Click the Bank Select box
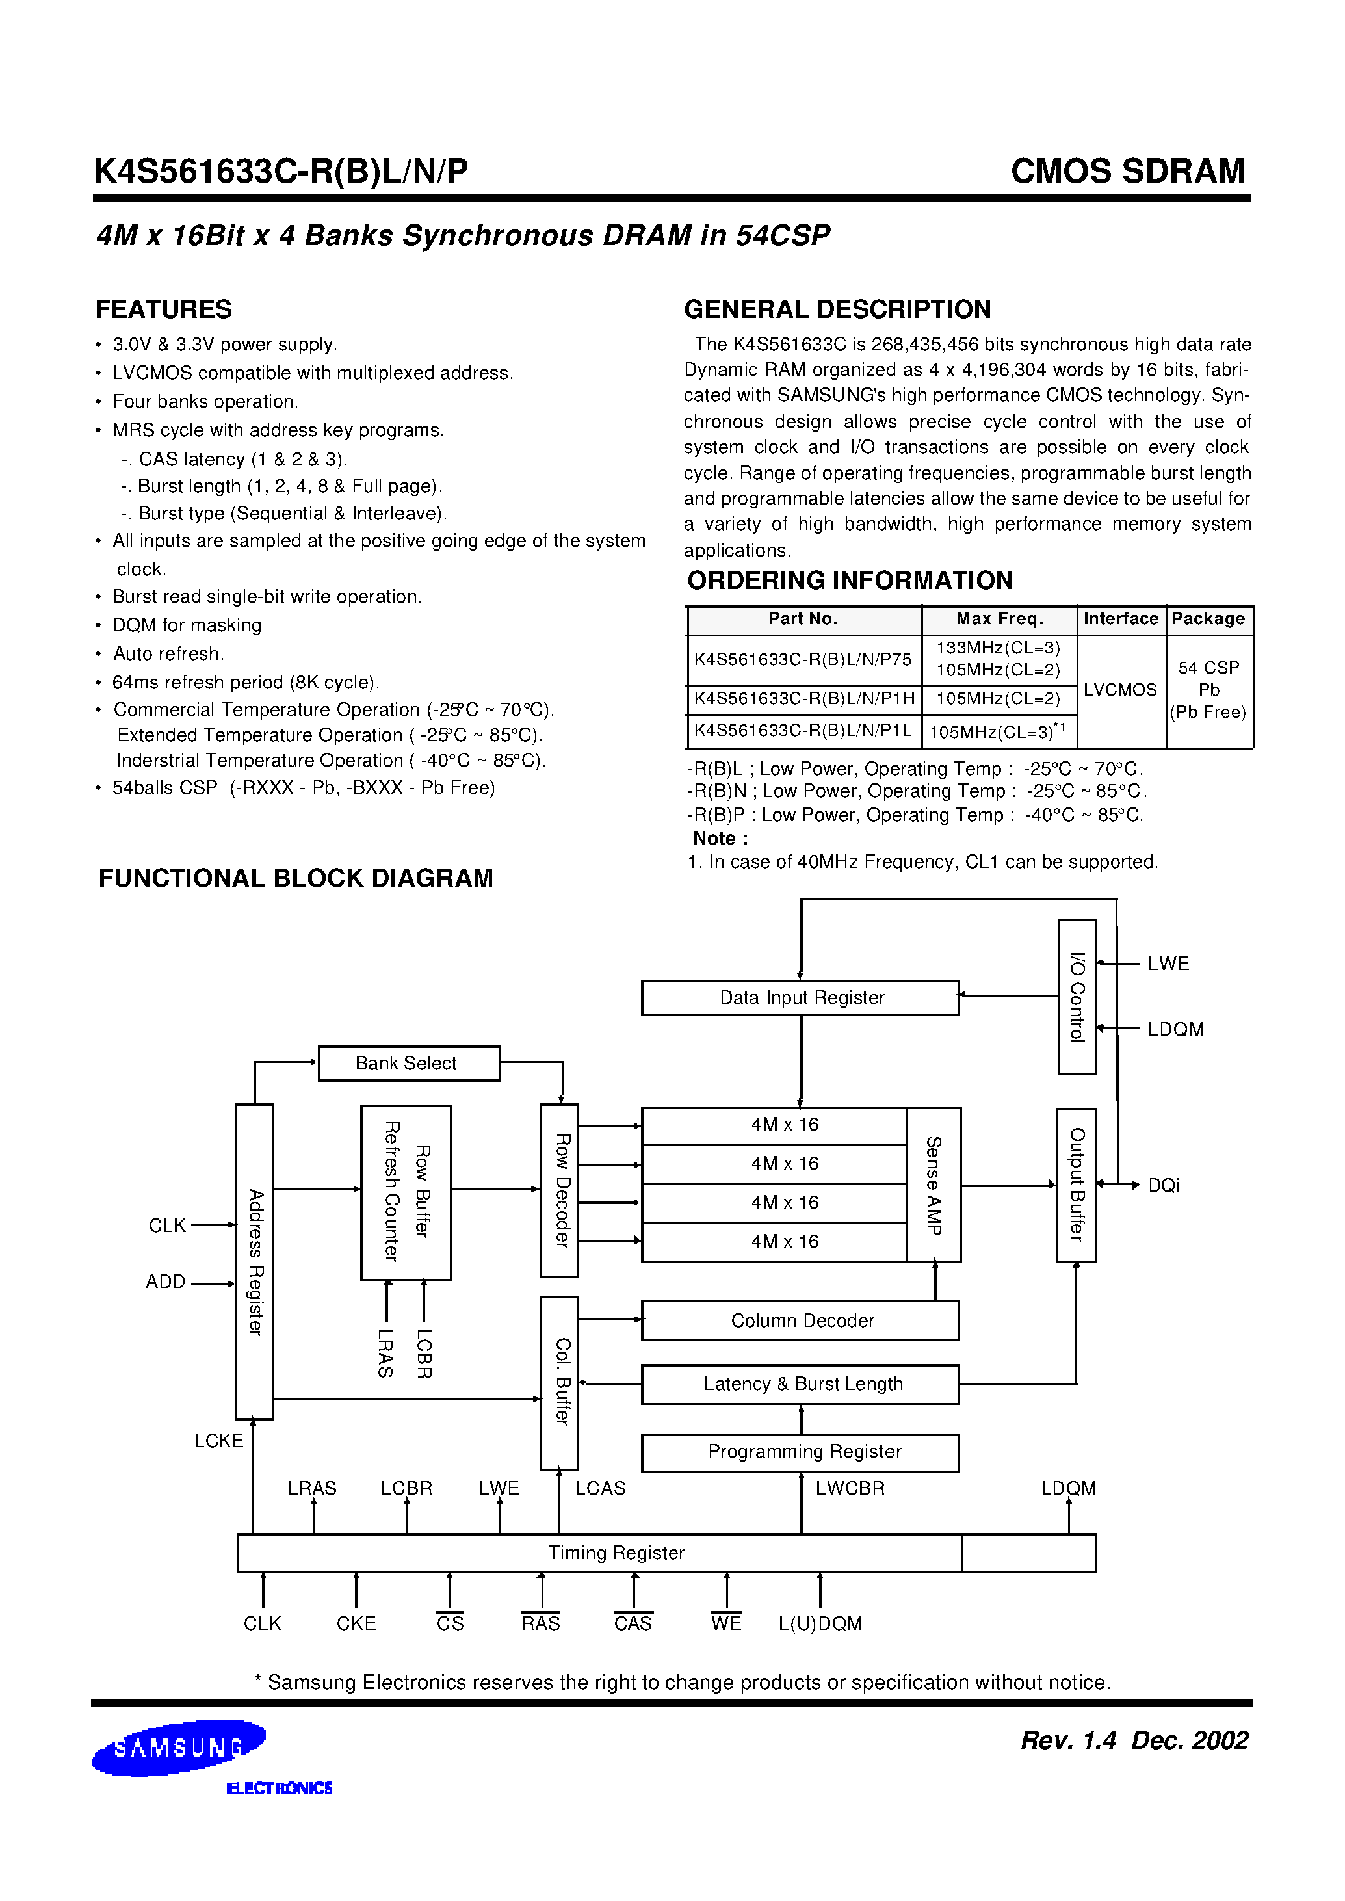coord(409,1063)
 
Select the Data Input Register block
coord(800,997)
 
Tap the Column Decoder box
coord(800,1320)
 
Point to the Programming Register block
coord(800,1452)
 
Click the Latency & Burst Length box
coord(800,1384)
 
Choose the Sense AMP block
coord(934,1185)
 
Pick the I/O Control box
coord(1077,997)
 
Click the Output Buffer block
coord(1076,1185)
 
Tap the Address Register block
coord(254,1261)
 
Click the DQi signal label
coord(1163,1185)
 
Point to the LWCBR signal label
coord(850,1489)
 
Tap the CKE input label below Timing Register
coord(356,1623)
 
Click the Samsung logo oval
coord(178,1748)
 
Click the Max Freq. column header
coord(1000,619)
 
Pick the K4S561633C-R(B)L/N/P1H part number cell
coord(803,699)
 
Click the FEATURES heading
coord(163,309)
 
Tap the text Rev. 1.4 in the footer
coord(1068,1740)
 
